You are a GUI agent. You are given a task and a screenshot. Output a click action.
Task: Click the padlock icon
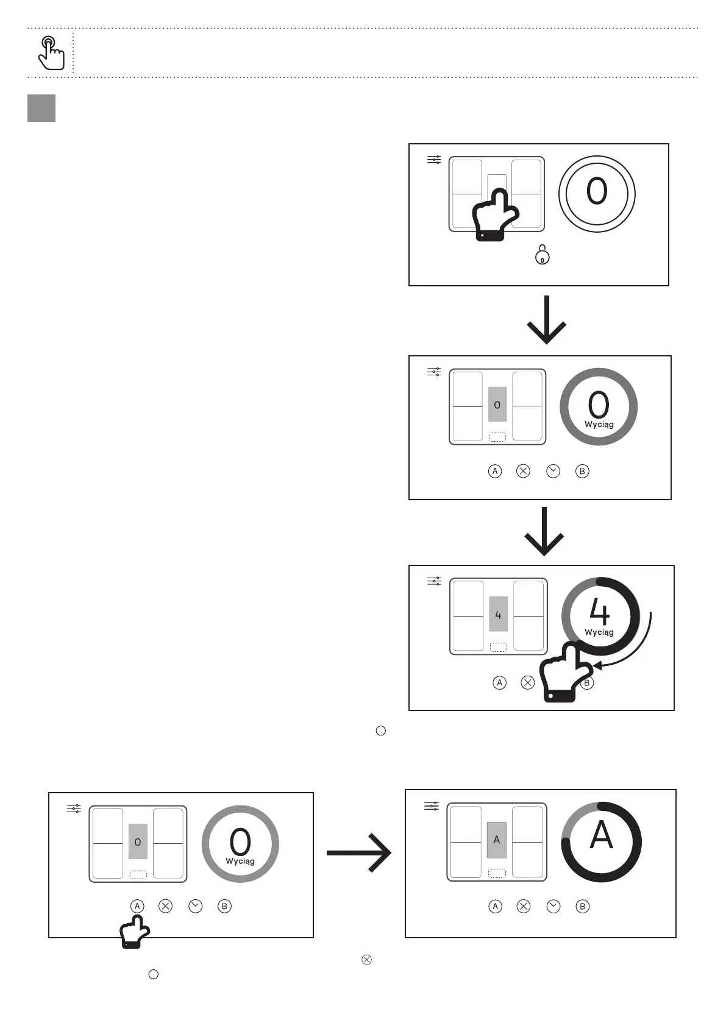pos(542,255)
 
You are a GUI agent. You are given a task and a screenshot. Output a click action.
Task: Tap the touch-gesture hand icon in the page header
pos(51,53)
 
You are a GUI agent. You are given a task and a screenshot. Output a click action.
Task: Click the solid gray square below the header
pos(41,108)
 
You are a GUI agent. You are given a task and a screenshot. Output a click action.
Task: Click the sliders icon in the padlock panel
pos(434,160)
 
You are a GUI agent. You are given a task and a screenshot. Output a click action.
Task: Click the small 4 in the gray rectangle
pos(498,615)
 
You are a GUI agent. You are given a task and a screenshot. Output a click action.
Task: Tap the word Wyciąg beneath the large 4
pos(599,632)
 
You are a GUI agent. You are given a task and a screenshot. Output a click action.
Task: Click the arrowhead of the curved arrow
pos(598,665)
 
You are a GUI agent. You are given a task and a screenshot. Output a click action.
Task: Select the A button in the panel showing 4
pos(499,683)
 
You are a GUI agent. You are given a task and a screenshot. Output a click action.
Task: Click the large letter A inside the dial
pos(601,835)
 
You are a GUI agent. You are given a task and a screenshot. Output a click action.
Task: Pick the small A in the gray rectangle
pos(496,840)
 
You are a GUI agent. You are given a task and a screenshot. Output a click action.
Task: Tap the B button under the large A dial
pos(582,907)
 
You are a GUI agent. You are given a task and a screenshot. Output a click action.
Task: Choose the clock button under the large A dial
pos(553,907)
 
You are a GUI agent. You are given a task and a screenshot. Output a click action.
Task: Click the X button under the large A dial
pos(523,907)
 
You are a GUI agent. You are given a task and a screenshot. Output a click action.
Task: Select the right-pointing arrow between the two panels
pos(360,853)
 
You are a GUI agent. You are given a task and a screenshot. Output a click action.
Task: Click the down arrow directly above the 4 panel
pos(544,531)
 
